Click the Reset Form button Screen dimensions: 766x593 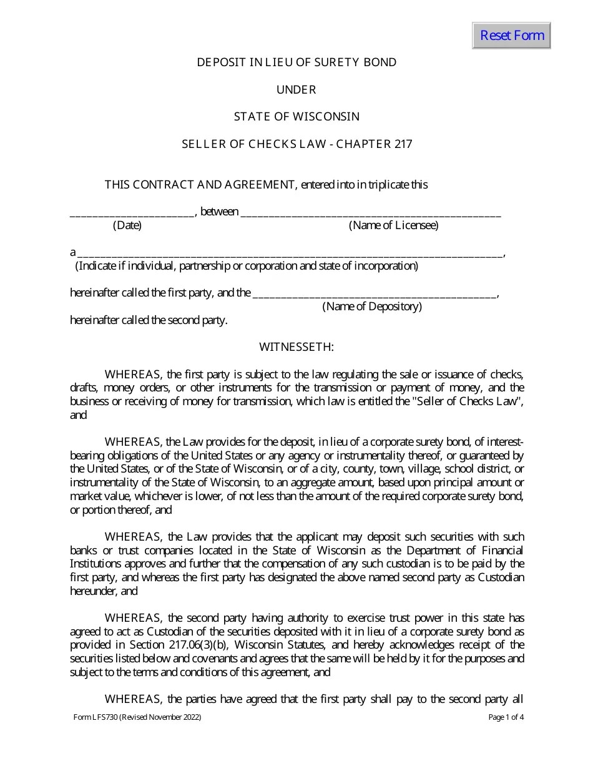pos(511,36)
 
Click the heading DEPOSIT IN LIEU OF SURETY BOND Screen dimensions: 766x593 pos(296,62)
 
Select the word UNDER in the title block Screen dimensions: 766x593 pos(296,90)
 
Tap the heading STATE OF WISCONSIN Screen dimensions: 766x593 pos(296,117)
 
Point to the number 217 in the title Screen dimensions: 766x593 pos(403,144)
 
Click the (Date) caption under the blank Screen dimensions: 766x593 pos(127,225)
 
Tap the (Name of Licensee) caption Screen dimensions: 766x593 pos(393,225)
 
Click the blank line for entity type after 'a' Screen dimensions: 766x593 pos(290,253)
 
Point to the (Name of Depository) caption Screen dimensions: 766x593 pos(372,307)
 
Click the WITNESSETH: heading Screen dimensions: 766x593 pos(296,347)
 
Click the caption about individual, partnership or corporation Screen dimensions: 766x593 pos(247,266)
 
